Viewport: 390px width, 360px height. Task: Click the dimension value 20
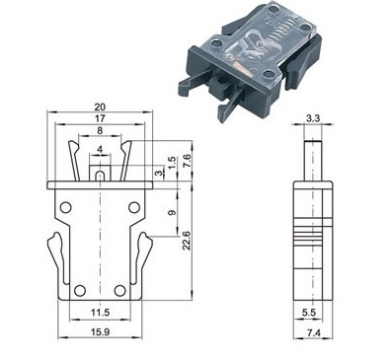click(x=100, y=107)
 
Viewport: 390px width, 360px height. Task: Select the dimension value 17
click(x=100, y=118)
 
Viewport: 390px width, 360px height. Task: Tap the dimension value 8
click(x=100, y=130)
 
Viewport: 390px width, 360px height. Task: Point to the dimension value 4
click(x=100, y=150)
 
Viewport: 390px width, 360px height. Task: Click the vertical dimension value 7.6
click(x=187, y=161)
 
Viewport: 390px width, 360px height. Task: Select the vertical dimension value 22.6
click(x=187, y=241)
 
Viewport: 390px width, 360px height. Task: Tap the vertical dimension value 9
click(x=172, y=213)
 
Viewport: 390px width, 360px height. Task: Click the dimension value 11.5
click(x=101, y=313)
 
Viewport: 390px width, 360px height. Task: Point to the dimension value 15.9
click(x=101, y=332)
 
